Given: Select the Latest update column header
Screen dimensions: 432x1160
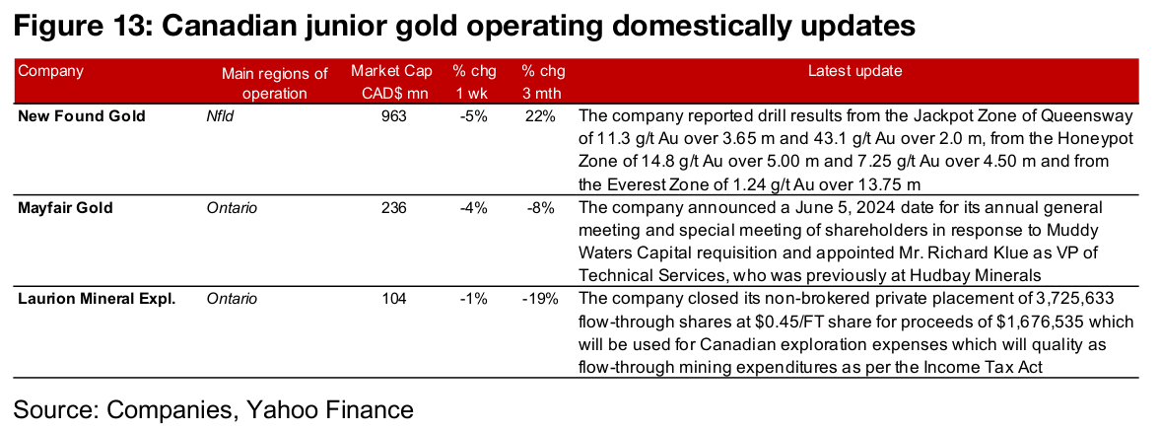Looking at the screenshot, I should click(854, 71).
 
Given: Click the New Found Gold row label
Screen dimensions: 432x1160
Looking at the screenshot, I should click(82, 116).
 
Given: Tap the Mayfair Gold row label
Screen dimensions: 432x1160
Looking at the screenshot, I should click(65, 207).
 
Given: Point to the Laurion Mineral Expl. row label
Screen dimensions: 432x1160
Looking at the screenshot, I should click(97, 298).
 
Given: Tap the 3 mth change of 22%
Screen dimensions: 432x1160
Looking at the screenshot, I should click(540, 116).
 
